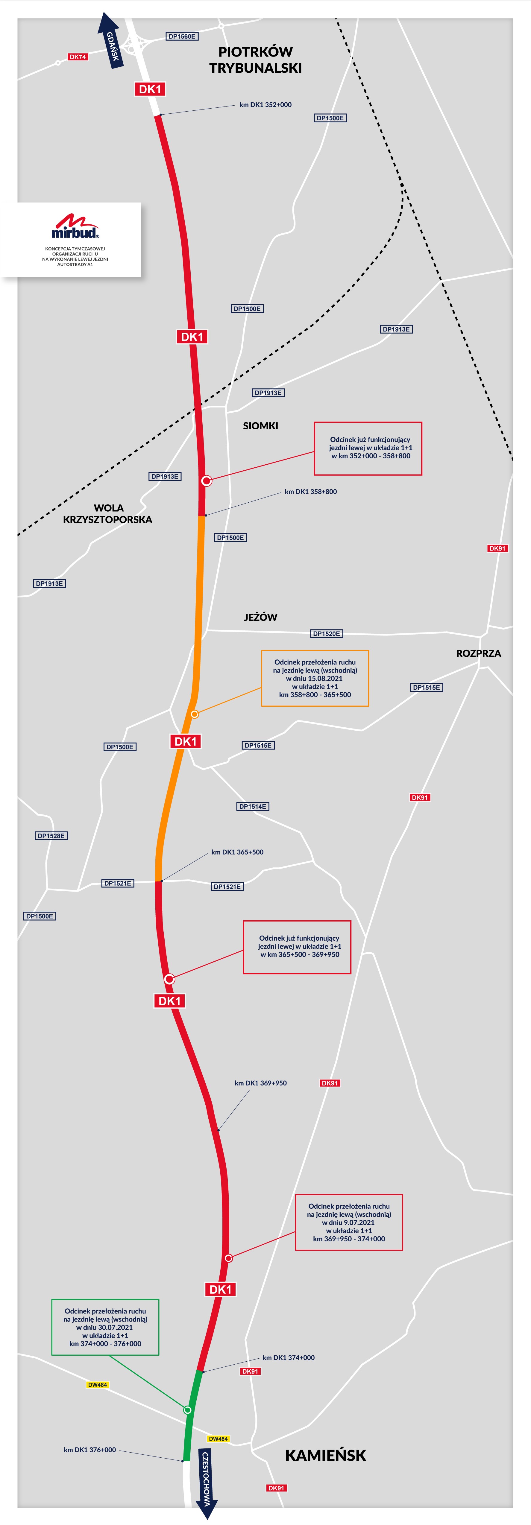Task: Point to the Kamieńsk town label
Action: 326,1456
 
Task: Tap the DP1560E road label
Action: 182,37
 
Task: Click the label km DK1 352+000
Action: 265,105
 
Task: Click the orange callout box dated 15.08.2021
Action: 315,679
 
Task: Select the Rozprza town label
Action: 478,653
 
